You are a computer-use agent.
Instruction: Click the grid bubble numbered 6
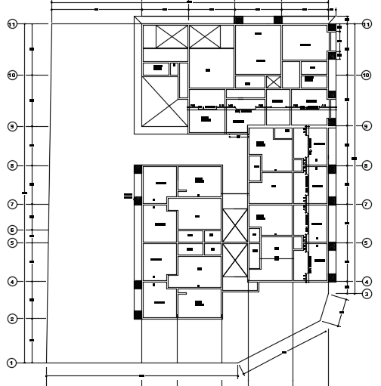click(x=12, y=230)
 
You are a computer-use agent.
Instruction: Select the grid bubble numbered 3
click(x=366, y=294)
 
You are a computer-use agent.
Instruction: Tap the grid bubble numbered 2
click(x=12, y=319)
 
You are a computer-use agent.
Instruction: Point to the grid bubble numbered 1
click(x=12, y=363)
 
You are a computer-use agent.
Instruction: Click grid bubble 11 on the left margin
click(x=12, y=25)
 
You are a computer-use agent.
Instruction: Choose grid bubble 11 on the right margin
click(x=366, y=25)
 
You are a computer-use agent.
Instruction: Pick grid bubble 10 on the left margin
click(x=12, y=76)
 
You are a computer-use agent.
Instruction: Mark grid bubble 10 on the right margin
click(x=366, y=76)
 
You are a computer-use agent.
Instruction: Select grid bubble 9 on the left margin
click(x=12, y=126)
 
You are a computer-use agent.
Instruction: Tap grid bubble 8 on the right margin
click(x=366, y=165)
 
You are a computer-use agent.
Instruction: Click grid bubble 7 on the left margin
click(x=12, y=205)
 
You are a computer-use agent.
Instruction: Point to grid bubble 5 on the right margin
click(x=366, y=243)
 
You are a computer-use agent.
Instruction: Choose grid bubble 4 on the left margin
click(x=12, y=282)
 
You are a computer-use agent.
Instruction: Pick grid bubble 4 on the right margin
click(x=366, y=282)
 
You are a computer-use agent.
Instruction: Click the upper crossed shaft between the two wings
click(x=235, y=225)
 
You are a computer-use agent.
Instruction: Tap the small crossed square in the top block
click(x=273, y=82)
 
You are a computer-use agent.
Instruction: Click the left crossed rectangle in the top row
click(x=160, y=36)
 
